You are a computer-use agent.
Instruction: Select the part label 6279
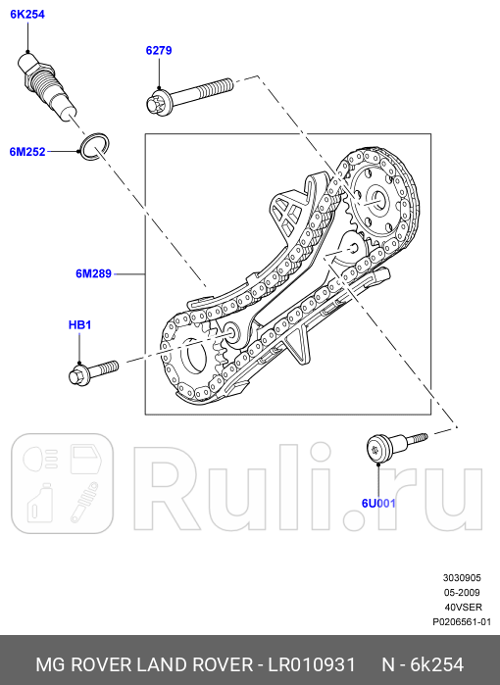[x=159, y=50]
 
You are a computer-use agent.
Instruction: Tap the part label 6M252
[x=27, y=152]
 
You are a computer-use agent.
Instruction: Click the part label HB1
[x=79, y=324]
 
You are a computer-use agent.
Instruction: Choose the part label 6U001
[x=377, y=504]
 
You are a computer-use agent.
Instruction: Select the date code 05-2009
[x=462, y=593]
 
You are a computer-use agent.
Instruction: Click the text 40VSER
[x=463, y=608]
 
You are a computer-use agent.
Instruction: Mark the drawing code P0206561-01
[x=462, y=622]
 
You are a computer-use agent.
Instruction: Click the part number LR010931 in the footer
[x=312, y=663]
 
